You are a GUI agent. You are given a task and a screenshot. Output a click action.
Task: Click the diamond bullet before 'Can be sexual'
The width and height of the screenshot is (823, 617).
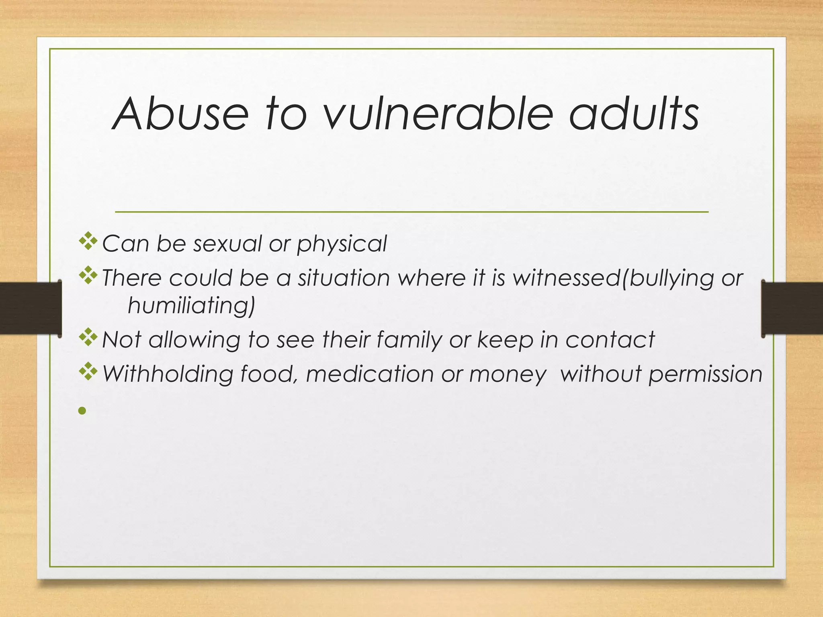(x=88, y=242)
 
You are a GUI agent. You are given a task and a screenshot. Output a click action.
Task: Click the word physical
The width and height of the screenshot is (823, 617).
(x=342, y=244)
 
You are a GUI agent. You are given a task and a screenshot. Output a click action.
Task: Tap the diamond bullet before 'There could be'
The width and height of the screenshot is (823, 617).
(x=88, y=276)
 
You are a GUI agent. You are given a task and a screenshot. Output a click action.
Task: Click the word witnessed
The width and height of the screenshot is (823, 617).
(x=567, y=278)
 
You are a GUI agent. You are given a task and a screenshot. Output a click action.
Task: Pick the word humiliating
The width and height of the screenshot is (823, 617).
(x=191, y=306)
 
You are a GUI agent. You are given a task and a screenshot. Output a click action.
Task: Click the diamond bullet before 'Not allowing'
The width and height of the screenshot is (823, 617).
(x=88, y=338)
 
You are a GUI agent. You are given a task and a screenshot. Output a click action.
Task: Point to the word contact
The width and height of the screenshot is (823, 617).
(x=610, y=339)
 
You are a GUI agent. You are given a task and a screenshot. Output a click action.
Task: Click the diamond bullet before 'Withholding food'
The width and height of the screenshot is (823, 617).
(x=88, y=372)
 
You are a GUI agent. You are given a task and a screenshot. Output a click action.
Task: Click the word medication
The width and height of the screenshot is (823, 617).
(x=370, y=374)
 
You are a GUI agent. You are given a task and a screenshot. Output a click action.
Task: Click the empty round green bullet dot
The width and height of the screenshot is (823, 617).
(x=82, y=411)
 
